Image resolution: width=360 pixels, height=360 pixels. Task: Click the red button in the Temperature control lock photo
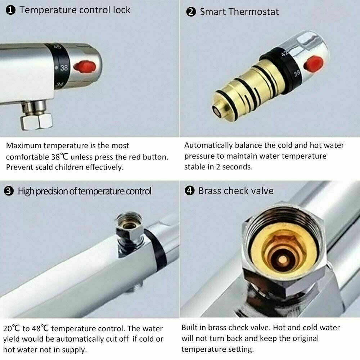85,67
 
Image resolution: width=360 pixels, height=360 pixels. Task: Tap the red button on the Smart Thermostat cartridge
314,64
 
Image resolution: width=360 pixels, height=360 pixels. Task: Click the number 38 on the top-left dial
64,68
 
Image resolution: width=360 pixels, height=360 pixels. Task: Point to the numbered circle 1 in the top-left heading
10,10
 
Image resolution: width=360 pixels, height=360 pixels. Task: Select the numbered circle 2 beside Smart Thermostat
191,12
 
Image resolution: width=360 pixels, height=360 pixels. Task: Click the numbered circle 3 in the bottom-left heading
9,191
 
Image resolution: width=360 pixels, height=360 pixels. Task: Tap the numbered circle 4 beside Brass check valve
190,191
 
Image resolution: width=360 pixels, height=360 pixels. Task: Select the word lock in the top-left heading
121,10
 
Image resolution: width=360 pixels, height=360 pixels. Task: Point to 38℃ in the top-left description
59,157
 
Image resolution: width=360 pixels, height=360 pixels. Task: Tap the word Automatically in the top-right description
208,145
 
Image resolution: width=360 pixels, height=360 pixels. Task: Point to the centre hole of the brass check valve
282,260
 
